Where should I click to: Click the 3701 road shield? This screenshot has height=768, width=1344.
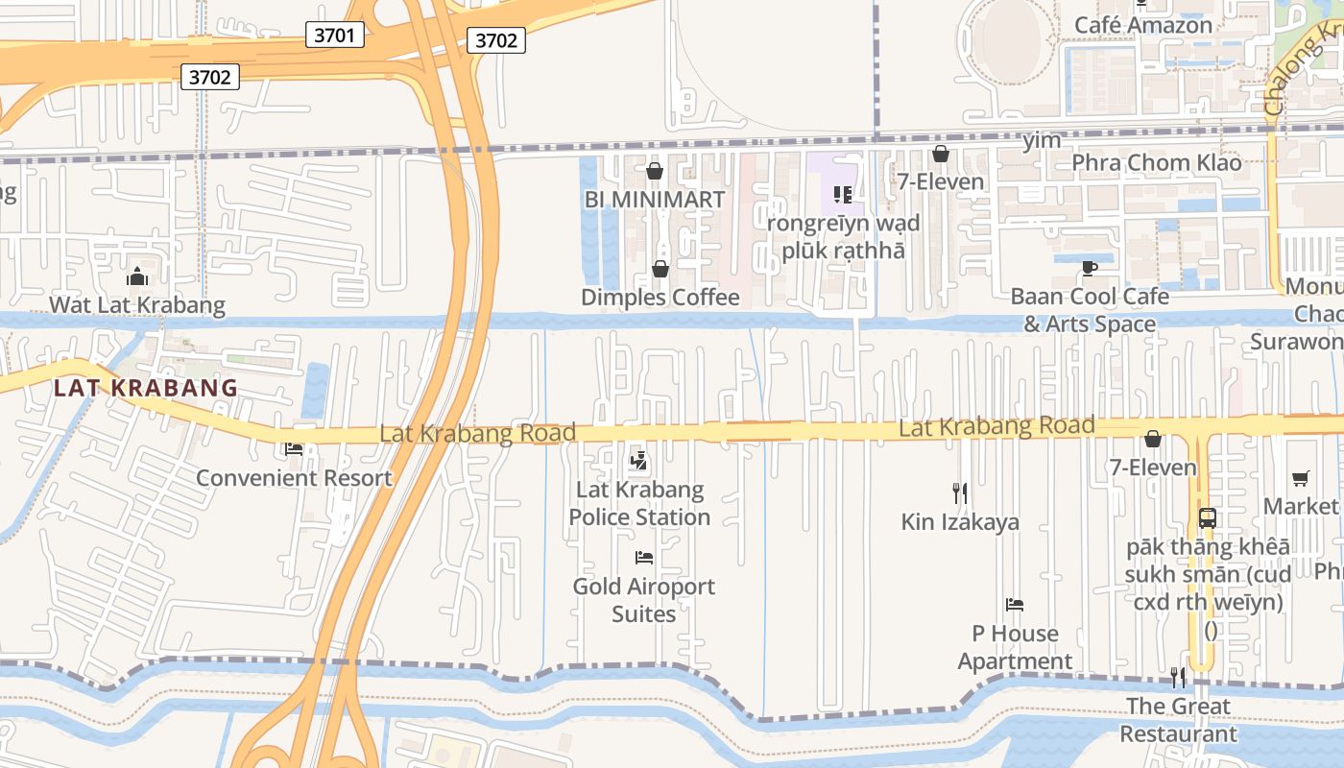point(335,36)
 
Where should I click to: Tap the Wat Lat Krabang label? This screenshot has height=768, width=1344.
point(137,305)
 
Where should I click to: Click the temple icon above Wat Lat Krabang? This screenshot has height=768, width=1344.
point(137,277)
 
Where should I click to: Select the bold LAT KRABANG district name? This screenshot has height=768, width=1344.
point(145,388)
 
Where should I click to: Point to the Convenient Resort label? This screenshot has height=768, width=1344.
point(294,477)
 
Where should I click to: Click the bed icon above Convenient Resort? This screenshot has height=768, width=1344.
point(294,449)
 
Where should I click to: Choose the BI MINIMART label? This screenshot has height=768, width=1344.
point(655,199)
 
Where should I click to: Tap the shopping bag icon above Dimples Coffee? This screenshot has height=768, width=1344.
point(660,269)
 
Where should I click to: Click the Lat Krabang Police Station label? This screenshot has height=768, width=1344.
point(639,503)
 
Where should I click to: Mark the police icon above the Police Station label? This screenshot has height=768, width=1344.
point(639,461)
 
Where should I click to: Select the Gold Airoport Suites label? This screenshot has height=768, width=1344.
point(644,599)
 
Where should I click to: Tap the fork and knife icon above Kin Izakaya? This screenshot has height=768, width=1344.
point(959,493)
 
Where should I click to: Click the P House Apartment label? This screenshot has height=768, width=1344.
point(1015,647)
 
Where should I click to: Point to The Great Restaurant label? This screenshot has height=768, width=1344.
point(1178,719)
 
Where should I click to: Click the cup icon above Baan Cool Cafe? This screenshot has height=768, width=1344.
point(1089,268)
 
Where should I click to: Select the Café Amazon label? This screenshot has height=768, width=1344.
point(1143,25)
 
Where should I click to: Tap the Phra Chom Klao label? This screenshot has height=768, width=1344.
point(1156,162)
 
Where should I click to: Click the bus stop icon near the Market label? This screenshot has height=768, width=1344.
point(1208,518)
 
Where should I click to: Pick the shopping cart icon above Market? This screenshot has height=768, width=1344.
point(1301,478)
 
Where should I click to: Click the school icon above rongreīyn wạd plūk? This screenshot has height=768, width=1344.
point(843,196)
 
